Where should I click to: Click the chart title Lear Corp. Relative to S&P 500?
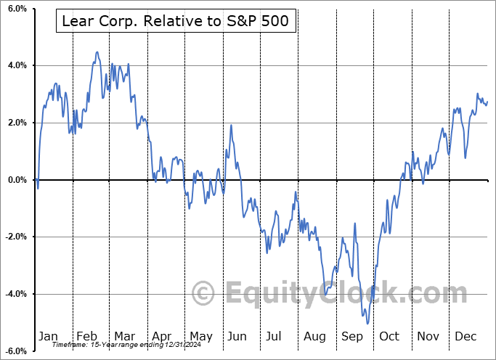click(x=176, y=22)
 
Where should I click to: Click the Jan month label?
click(x=47, y=336)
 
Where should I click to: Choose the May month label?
click(x=200, y=336)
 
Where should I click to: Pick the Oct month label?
click(x=389, y=336)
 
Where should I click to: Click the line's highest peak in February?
click(x=97, y=52)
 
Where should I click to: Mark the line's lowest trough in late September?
click(x=368, y=324)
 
